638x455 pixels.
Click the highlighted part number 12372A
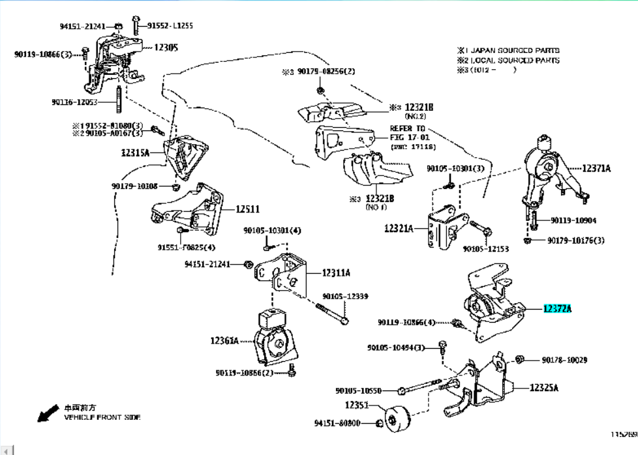point(557,310)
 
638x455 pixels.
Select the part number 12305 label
point(166,48)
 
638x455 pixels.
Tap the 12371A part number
point(596,168)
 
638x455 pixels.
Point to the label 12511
point(248,209)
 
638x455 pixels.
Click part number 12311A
point(336,273)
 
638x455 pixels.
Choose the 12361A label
point(224,340)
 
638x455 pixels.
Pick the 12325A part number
point(544,387)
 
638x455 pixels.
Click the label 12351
point(357,405)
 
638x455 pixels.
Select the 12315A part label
point(135,153)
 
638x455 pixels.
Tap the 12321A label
point(399,228)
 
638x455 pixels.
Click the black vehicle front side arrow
point(47,413)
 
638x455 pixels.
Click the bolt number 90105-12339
point(345,296)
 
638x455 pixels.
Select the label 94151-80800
point(337,423)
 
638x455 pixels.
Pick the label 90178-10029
point(564,360)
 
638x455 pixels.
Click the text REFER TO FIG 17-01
point(408,133)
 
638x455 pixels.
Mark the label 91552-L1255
point(170,25)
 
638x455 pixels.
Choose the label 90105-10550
point(359,390)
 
